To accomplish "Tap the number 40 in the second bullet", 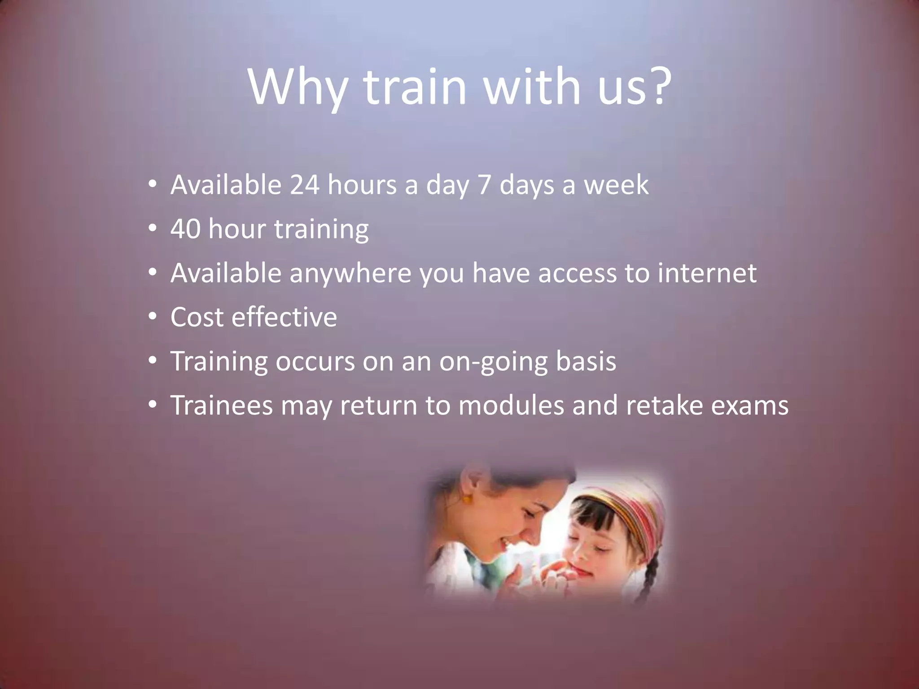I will pos(185,229).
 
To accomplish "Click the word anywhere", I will pos(350,274).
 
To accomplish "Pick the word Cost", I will pos(197,317).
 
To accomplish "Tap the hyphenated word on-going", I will pos(493,362).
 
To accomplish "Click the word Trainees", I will pos(222,406).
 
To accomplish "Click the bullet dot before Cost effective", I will pos(153,317).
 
